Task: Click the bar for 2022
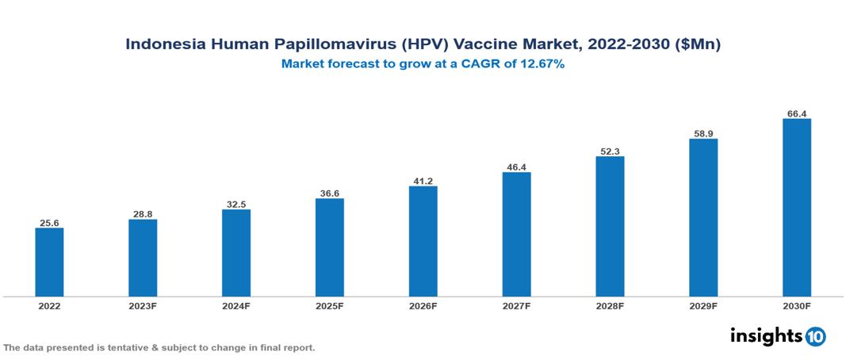click(49, 262)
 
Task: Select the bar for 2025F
click(329, 247)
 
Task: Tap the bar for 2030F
click(796, 208)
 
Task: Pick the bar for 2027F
click(516, 234)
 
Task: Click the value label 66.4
click(797, 114)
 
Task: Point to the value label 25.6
click(49, 224)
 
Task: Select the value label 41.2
click(423, 182)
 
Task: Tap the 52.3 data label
click(610, 151)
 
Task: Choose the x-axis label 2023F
click(143, 306)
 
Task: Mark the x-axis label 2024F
click(236, 306)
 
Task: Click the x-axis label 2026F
click(423, 306)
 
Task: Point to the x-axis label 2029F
click(703, 306)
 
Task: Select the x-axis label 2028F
click(610, 306)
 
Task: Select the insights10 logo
click(777, 335)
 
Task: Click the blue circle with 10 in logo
click(815, 336)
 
